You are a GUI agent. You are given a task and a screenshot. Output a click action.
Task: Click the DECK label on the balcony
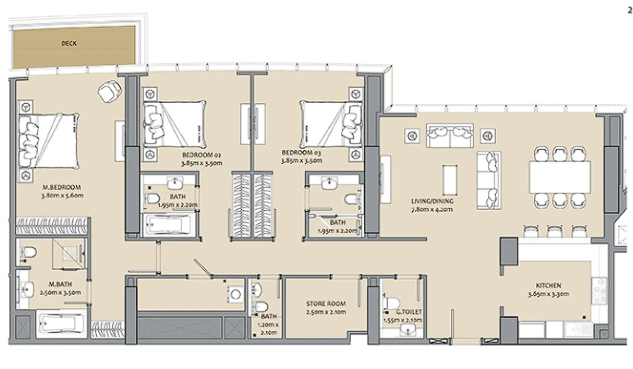point(69,44)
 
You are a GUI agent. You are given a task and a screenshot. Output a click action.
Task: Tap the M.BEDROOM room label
point(62,187)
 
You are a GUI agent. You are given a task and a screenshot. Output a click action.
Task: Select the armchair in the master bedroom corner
point(109,92)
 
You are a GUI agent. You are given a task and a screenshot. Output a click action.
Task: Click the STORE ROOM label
point(325,304)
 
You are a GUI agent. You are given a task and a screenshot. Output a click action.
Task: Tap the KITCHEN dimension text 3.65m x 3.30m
point(548,294)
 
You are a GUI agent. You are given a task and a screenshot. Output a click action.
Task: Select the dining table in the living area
point(560,177)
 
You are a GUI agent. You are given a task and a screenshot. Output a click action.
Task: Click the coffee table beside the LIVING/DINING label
point(450,180)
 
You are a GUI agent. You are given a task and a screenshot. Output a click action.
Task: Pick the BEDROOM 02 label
point(202,155)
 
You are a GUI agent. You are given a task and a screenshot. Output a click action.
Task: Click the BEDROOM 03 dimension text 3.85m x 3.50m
point(302,161)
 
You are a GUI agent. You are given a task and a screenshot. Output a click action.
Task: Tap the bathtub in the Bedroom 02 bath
point(167,225)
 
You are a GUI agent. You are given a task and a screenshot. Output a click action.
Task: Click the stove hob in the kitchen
point(599,291)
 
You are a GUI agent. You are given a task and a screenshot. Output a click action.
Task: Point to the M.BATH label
point(60,284)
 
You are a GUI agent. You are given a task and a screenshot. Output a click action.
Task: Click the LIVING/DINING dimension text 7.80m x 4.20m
point(432,209)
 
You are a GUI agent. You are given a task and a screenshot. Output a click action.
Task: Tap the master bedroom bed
point(49,141)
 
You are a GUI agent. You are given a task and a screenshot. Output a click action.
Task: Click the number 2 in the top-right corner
point(630,10)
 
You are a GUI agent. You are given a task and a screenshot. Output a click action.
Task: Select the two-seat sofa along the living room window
point(450,136)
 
